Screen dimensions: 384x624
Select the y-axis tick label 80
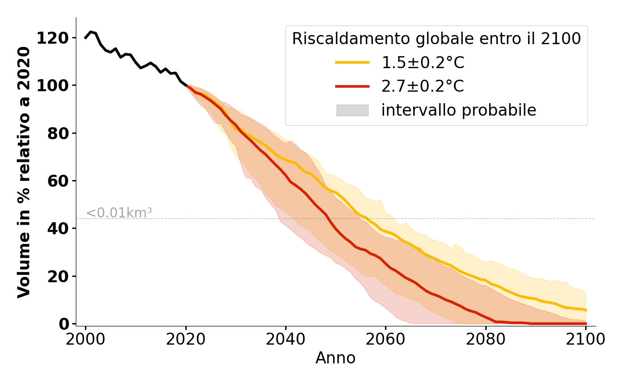point(58,133)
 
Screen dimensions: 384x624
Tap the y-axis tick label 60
point(58,181)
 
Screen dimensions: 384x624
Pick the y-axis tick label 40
point(58,228)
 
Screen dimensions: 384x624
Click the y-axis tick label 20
point(58,276)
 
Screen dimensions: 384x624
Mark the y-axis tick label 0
point(64,324)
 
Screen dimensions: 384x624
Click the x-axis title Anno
point(336,358)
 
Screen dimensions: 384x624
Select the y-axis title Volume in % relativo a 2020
point(24,172)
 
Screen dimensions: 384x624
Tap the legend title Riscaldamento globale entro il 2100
point(436,39)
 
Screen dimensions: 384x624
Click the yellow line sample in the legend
point(352,62)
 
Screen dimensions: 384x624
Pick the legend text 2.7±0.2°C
point(423,86)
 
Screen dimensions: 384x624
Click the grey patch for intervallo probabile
point(352,110)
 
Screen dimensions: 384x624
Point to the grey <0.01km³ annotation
point(119,213)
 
